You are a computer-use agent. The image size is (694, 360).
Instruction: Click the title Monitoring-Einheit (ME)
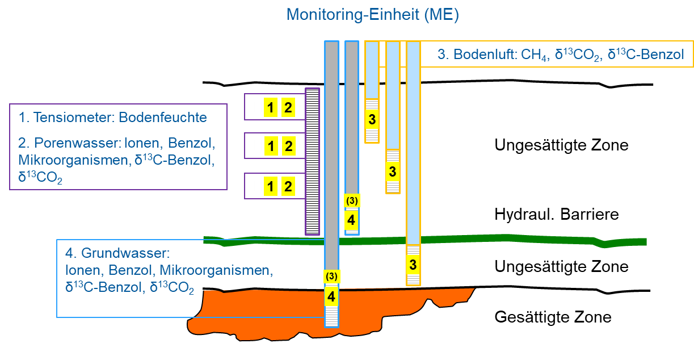372,15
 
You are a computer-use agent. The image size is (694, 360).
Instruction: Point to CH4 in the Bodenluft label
537,55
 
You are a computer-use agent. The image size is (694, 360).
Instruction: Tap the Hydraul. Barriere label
556,215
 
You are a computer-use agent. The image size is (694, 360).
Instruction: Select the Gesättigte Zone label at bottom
553,317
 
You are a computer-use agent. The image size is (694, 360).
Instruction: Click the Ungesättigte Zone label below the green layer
561,266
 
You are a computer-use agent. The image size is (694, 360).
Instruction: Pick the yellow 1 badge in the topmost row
271,107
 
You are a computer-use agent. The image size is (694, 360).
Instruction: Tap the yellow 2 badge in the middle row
288,146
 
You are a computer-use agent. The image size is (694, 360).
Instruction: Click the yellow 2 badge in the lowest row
288,186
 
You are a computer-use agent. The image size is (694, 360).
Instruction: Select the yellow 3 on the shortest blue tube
372,120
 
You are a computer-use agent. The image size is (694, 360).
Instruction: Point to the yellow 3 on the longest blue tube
413,264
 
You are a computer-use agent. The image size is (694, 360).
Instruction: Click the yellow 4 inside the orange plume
331,296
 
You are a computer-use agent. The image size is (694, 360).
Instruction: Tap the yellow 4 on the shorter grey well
352,219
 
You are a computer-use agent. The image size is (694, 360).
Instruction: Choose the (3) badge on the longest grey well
331,277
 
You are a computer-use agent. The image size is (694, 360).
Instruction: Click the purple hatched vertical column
312,161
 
